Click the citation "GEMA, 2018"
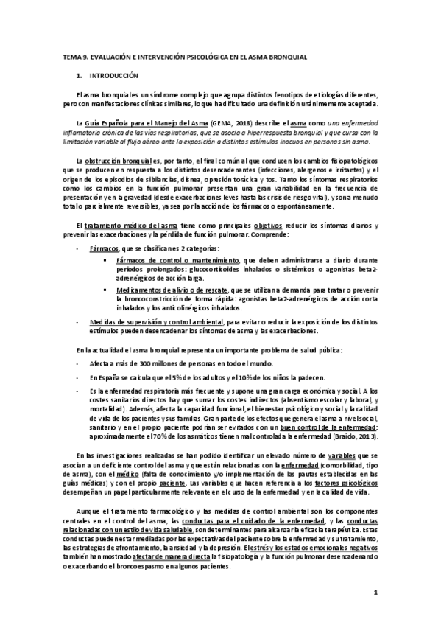click(230, 124)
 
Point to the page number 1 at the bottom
click(375, 593)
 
